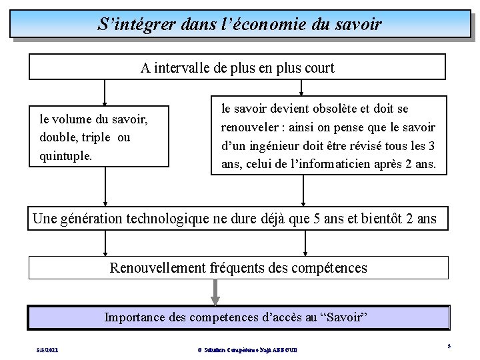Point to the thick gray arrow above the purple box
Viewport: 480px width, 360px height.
215,291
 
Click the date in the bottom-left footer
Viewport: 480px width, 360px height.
47,349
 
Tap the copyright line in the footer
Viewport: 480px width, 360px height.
247,349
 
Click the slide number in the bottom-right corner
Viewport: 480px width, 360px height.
449,346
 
